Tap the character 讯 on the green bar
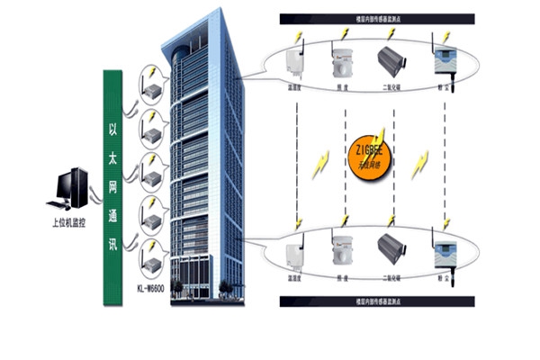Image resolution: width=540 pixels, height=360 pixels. [112, 242]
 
